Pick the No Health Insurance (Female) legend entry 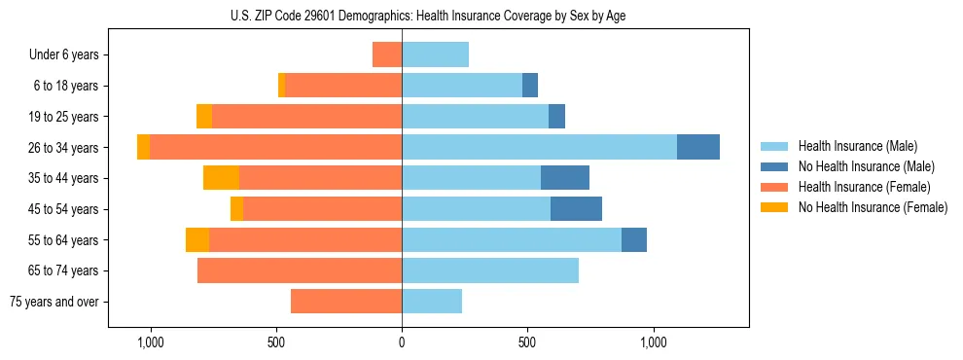point(873,207)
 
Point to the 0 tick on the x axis point(402,342)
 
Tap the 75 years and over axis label point(54,302)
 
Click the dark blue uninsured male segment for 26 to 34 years point(698,147)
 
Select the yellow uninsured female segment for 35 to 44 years point(221,178)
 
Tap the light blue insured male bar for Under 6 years point(435,54)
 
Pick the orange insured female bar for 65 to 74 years point(300,270)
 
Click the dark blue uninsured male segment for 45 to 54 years point(576,209)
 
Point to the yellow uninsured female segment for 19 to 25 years point(204,117)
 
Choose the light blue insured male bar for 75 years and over point(432,302)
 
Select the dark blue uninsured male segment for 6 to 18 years point(530,86)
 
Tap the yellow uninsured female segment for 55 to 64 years point(197,240)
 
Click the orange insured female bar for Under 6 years point(387,54)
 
